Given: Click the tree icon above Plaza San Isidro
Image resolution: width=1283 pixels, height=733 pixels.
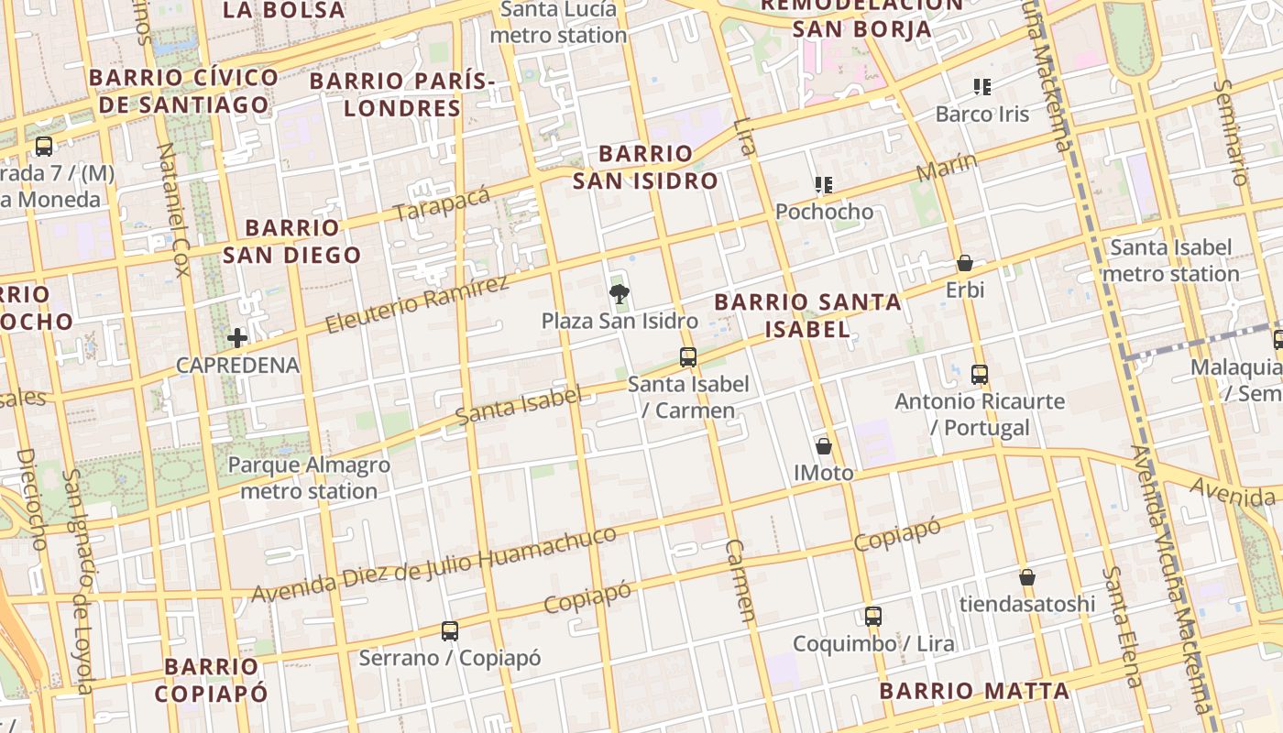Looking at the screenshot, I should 620,294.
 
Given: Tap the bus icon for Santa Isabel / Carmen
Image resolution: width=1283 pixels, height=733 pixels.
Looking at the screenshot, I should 688,357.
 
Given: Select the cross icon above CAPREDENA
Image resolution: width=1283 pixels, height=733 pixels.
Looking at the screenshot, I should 237,338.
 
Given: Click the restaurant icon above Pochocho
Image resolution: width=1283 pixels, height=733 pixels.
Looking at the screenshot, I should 824,185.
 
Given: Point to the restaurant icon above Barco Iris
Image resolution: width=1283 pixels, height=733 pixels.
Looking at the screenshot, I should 982,87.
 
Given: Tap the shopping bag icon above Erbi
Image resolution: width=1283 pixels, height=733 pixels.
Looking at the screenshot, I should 965,264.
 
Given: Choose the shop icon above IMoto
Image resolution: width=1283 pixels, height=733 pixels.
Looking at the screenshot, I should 824,446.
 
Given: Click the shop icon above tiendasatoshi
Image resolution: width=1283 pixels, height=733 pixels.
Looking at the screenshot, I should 1027,577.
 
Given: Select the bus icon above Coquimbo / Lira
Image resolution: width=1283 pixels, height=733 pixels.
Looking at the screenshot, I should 873,617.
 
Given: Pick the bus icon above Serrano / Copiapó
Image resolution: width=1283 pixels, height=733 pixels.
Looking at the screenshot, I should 449,631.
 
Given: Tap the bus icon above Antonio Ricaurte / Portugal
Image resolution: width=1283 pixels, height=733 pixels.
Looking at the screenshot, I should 980,374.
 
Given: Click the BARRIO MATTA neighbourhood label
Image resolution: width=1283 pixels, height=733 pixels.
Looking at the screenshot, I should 974,691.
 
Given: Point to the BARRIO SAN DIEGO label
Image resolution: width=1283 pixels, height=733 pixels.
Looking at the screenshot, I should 292,241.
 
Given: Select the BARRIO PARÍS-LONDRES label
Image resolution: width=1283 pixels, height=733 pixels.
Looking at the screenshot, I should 402,94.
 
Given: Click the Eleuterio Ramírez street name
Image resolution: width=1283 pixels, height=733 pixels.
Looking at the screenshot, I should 417,303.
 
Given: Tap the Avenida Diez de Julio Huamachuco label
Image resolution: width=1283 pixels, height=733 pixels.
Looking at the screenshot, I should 433,564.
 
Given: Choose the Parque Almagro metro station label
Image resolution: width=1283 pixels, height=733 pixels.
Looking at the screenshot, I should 309,477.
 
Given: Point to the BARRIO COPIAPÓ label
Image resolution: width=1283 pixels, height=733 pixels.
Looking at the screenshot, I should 212,679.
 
